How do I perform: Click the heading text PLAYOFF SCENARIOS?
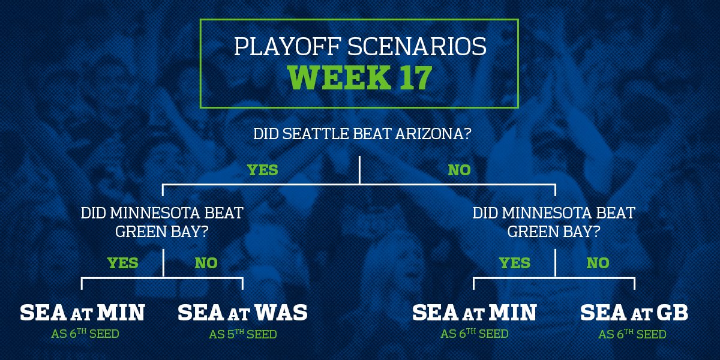point(360,47)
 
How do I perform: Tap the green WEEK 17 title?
point(360,77)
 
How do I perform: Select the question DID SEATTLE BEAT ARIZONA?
point(362,134)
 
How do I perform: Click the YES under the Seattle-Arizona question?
point(263,170)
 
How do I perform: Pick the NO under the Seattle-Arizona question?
point(460,170)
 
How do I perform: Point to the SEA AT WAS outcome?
point(242,313)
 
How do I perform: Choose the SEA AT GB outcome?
point(634,313)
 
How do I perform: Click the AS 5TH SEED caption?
point(242,334)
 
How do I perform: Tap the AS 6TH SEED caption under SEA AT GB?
point(632,334)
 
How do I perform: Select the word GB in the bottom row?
point(672,313)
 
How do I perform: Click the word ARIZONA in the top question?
point(433,134)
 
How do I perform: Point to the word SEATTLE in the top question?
point(316,134)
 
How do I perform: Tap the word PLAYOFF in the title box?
point(287,47)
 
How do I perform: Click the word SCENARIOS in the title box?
point(417,47)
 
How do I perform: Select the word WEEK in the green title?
point(340,77)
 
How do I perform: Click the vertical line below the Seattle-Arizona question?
point(359,170)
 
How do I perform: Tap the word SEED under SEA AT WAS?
point(262,334)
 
